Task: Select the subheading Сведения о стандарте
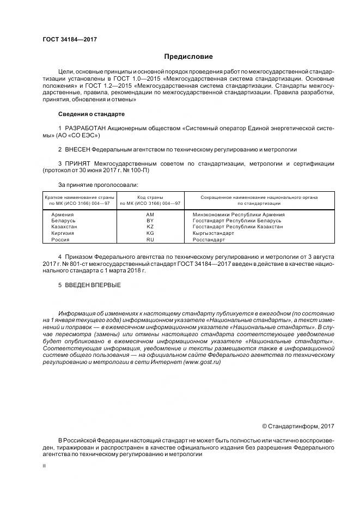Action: pyautogui.click(x=91, y=114)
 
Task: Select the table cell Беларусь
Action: pyautogui.click(x=63, y=221)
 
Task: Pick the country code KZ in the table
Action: pyautogui.click(x=150, y=227)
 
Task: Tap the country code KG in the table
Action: pyautogui.click(x=150, y=233)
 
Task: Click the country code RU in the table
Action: pyautogui.click(x=150, y=239)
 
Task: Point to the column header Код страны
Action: pyautogui.click(x=150, y=197)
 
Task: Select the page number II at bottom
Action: pyautogui.click(x=44, y=466)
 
